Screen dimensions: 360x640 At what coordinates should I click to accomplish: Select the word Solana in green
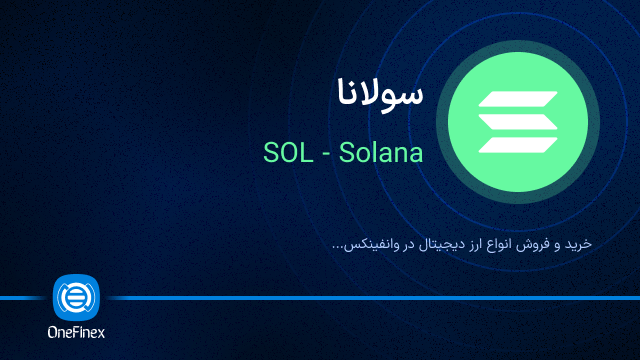(x=381, y=154)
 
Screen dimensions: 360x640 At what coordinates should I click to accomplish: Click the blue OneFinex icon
(x=76, y=298)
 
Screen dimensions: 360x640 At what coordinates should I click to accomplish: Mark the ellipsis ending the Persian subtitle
(x=337, y=249)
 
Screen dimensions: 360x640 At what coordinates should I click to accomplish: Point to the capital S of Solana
(x=345, y=154)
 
